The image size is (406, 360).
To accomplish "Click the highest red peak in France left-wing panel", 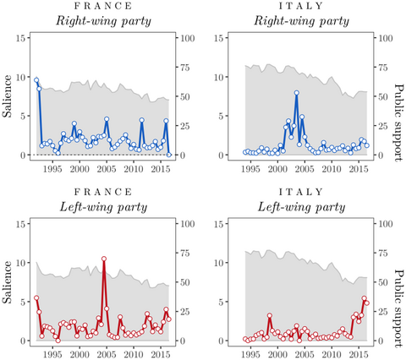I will pos(104,259).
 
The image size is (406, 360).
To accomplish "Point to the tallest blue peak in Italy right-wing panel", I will pos(297,93).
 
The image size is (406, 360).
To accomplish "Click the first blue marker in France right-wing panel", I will pos(36,80).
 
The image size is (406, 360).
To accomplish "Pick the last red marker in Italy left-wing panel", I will pos(366,303).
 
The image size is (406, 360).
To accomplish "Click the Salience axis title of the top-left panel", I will pos(8,96).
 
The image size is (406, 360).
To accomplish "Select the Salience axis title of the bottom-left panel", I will pos(8,282).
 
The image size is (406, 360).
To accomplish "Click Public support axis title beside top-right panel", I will pos(398,96).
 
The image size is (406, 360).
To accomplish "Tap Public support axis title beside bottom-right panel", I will pos(398,282).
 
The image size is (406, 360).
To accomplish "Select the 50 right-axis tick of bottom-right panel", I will pos(384,282).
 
